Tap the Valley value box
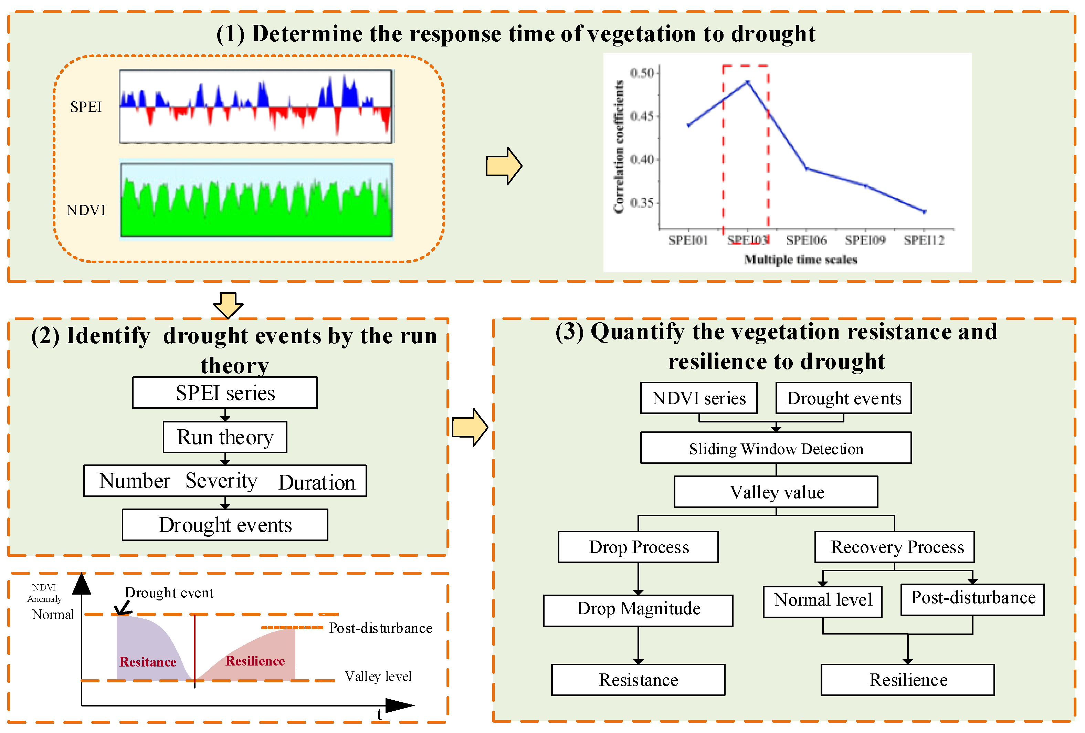coord(776,492)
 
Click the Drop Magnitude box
coord(638,610)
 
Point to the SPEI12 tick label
coord(924,240)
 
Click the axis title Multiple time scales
coord(800,260)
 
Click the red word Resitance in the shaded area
coord(148,662)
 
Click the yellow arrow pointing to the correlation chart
coord(503,166)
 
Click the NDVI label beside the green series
coord(86,211)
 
